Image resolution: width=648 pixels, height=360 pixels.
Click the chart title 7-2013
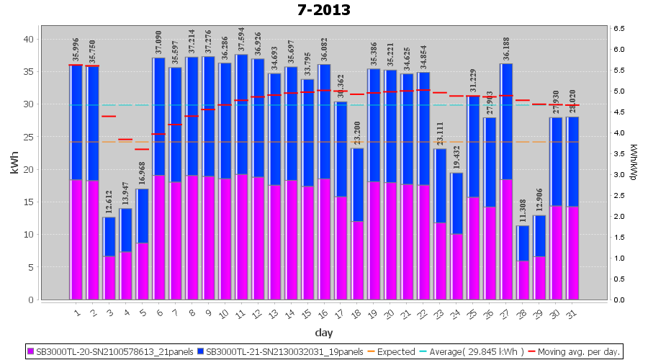[x=323, y=10]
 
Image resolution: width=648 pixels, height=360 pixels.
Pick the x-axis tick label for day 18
[x=357, y=312]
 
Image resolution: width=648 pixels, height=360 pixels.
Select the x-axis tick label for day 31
[x=572, y=312]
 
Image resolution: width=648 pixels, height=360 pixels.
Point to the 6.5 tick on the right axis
[x=619, y=28]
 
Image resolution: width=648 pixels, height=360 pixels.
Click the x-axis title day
[x=323, y=333]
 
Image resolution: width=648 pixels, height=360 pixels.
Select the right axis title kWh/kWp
[x=634, y=163]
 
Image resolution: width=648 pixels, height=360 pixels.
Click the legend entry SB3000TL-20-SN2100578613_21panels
[x=116, y=351]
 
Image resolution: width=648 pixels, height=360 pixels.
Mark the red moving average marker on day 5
[x=142, y=149]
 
